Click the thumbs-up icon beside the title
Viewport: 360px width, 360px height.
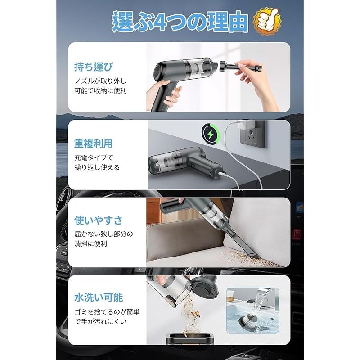267,21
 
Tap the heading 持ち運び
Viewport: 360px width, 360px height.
94,67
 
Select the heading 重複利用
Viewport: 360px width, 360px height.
94,144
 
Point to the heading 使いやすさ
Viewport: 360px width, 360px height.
99,220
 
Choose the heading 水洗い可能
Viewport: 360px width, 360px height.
99,297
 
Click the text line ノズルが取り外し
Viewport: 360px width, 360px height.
101,81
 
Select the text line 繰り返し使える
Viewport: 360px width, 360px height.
97,167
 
